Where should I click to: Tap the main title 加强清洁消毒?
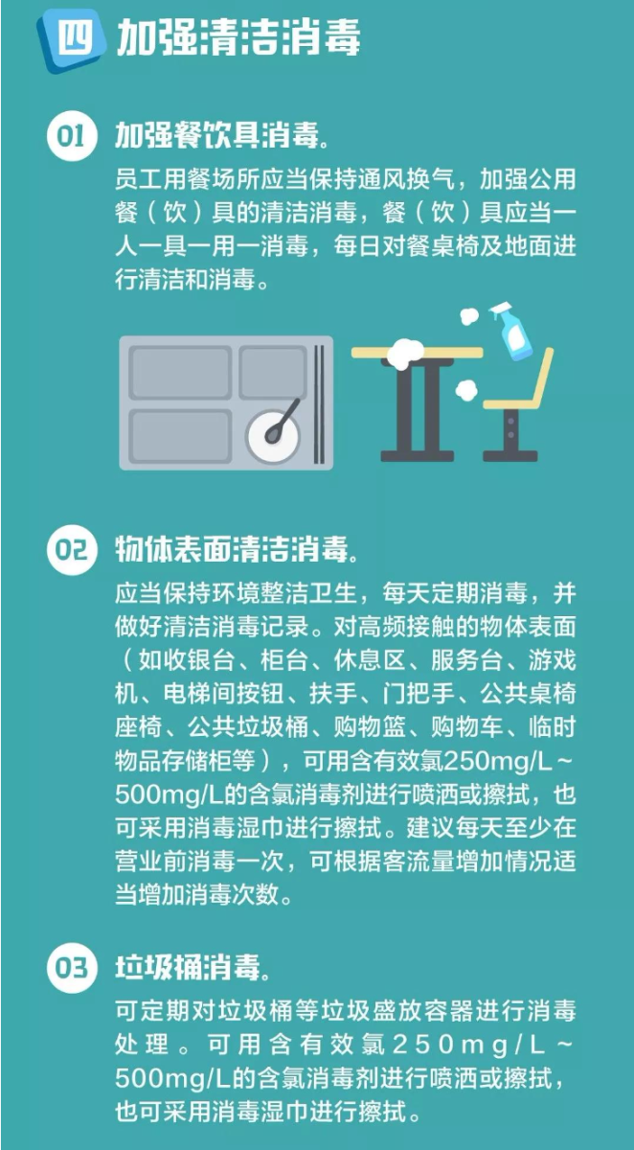pos(238,38)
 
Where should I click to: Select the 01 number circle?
pos(72,136)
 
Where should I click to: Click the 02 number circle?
pos(72,550)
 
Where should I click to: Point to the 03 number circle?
pos(72,968)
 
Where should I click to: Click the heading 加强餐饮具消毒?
pos(222,136)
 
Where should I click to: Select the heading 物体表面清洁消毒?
pos(237,550)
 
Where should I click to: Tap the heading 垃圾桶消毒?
pos(192,968)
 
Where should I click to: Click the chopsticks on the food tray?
pos(319,402)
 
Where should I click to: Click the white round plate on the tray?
pos(272,436)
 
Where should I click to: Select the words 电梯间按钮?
pos(224,694)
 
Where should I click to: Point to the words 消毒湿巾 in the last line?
pos(236,1113)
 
